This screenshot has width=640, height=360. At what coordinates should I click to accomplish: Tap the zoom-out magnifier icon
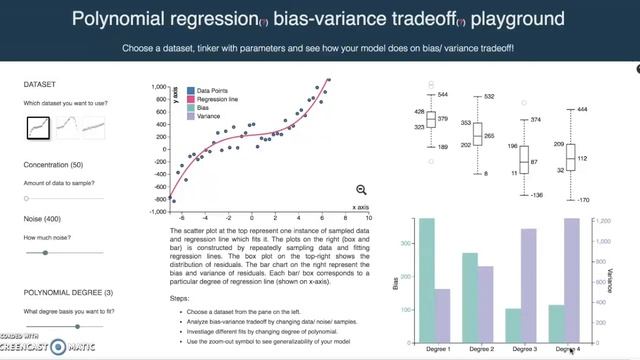pos(361,190)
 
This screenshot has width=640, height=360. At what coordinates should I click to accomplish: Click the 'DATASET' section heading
pos(39,84)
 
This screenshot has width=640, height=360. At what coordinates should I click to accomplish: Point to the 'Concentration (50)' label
pos(55,163)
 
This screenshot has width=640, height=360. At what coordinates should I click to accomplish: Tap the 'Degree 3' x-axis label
pos(523,348)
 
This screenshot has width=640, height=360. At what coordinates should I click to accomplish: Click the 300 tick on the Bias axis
pos(406,243)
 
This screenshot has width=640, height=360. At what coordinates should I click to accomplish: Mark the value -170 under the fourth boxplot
pos(584,199)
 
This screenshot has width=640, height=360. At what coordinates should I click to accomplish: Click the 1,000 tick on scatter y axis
pos(157,87)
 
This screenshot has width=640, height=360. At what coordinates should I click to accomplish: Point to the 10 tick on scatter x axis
pos(369,217)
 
